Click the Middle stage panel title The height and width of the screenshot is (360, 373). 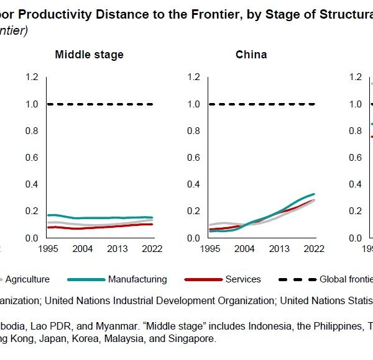tap(90, 55)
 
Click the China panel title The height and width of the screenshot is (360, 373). tap(251, 55)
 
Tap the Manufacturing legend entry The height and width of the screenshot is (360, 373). tap(137, 279)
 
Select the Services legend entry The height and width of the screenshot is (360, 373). tap(244, 279)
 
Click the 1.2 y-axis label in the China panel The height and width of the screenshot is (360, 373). tap(194, 77)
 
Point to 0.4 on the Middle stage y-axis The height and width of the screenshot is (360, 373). tap(32, 184)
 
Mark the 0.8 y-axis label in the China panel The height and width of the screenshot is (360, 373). tap(194, 131)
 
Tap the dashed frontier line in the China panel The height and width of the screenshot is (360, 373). tap(261, 104)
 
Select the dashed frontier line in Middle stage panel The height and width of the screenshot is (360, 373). tap(99, 104)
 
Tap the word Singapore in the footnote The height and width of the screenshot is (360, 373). tap(193, 339)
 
